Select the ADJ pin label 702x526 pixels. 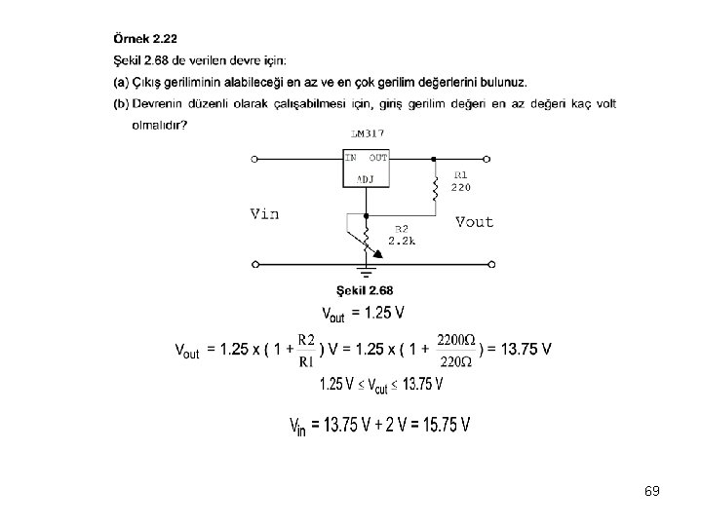[x=366, y=178]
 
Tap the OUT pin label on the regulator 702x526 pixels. [x=378, y=157]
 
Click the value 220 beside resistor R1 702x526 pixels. [x=462, y=187]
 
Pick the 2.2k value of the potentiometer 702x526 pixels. [x=402, y=241]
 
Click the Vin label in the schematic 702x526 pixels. [x=264, y=214]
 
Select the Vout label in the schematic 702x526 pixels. [x=475, y=222]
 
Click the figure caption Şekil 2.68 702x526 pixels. [x=365, y=289]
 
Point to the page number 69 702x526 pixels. [x=652, y=491]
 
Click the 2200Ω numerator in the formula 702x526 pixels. [x=456, y=338]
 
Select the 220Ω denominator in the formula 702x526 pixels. [x=456, y=361]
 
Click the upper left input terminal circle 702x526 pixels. [x=255, y=159]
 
